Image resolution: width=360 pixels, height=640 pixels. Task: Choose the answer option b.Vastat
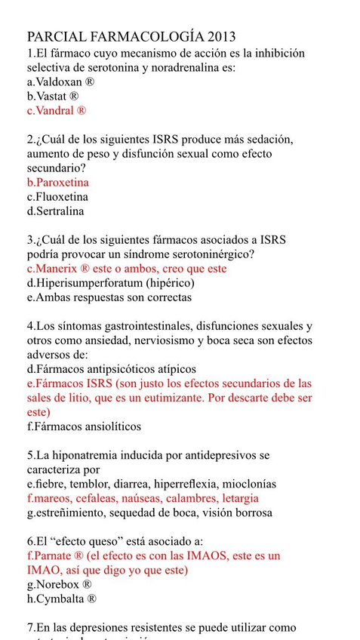tap(53, 97)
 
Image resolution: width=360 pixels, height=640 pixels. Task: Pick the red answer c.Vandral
tap(57, 111)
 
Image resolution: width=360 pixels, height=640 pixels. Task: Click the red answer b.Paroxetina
tap(57, 183)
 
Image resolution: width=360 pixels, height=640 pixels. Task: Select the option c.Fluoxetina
tap(57, 197)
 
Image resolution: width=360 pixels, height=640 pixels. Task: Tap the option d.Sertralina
tap(55, 211)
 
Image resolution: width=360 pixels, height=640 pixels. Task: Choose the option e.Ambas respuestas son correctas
tap(109, 297)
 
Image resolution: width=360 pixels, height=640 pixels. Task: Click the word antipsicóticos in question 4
tap(122, 369)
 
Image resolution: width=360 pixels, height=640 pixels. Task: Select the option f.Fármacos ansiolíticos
tap(84, 426)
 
